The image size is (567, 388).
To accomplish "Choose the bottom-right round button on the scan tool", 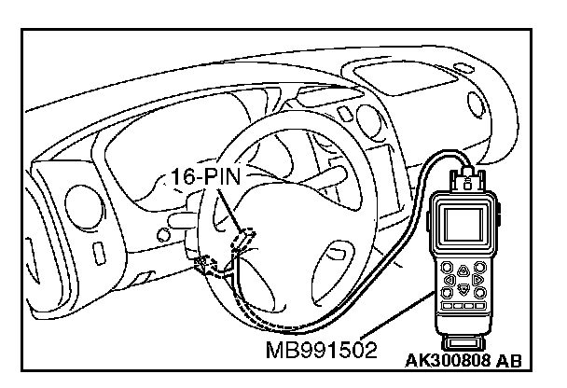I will [x=479, y=291].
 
